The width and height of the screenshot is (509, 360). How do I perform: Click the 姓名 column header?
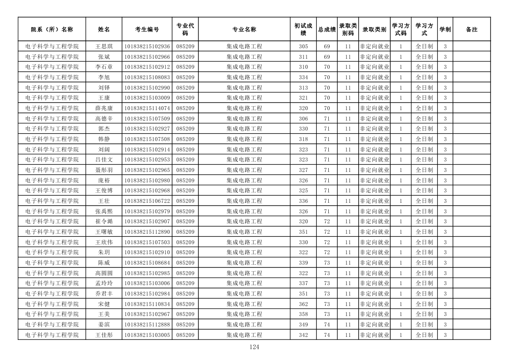coord(104,30)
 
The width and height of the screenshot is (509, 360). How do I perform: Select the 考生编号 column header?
coord(147,30)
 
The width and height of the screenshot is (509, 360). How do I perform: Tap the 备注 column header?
coord(472,30)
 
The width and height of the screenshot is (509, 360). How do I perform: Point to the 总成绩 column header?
coord(327,30)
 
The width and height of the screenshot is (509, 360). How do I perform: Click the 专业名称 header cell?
coord(244,30)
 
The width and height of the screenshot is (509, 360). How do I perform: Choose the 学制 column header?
coord(445,30)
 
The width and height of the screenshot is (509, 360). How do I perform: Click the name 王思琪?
coord(104,47)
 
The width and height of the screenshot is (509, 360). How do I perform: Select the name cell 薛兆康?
coord(104,108)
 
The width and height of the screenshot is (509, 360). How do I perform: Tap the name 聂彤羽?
coord(104,170)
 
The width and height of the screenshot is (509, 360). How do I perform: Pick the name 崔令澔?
coord(104,222)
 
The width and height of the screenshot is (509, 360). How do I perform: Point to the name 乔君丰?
coord(104,294)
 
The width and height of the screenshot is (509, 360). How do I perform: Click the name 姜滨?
coord(104,325)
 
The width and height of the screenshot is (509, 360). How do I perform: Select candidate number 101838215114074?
coord(147,108)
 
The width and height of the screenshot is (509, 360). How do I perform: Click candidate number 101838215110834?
coord(147,304)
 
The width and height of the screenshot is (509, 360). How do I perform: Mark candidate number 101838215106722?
coord(147,201)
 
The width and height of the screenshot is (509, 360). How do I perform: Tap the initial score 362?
coord(303,304)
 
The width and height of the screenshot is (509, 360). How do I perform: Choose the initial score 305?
coord(303,47)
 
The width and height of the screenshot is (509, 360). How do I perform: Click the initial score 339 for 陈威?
coord(303,263)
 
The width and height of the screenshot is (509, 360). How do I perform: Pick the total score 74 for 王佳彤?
coord(327,335)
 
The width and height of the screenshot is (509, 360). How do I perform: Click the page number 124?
coord(254,347)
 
